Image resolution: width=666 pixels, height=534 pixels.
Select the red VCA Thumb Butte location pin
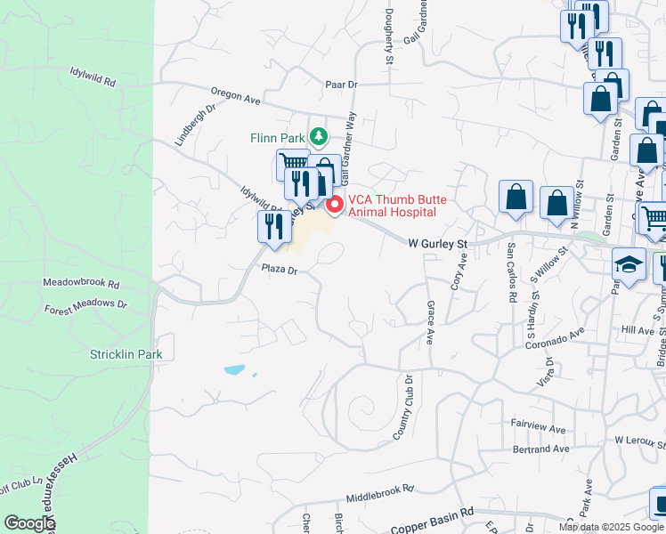[335, 205]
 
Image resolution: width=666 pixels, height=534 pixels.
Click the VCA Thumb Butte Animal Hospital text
[392, 206]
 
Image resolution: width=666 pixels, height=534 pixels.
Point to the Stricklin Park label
[126, 354]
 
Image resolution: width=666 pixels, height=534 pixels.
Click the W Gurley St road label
[437, 242]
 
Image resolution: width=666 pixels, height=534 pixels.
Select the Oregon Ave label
[235, 94]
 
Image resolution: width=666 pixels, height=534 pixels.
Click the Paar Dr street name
[341, 84]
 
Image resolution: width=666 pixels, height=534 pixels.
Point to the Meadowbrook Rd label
[81, 283]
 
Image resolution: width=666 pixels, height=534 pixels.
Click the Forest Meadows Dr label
[86, 306]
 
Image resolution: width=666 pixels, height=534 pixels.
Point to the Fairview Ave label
[539, 428]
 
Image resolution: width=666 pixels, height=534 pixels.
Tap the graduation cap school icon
[629, 264]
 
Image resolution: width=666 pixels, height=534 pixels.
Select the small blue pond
[233, 369]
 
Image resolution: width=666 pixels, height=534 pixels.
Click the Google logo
[29, 523]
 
